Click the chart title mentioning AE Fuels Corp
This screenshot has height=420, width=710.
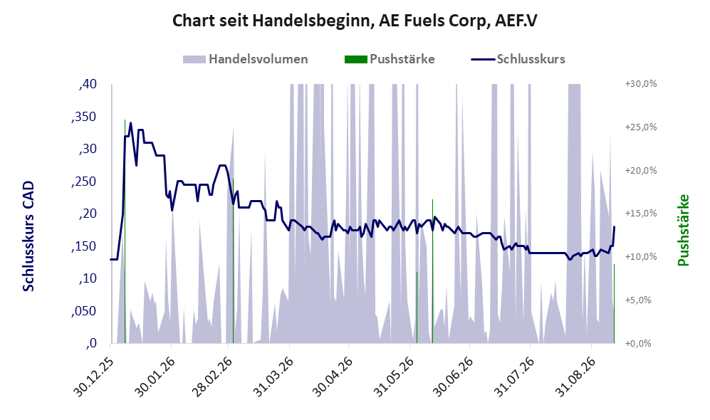click(355, 21)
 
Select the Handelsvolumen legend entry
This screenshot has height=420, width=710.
click(246, 59)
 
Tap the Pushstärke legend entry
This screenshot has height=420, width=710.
click(390, 59)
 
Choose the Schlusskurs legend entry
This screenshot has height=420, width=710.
click(518, 59)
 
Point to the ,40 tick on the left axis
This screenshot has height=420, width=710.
click(88, 84)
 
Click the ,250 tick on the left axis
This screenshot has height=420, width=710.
click(84, 182)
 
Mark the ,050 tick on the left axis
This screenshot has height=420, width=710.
click(84, 311)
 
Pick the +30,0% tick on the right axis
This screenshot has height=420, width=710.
click(641, 84)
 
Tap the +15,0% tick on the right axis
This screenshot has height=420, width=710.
click(641, 213)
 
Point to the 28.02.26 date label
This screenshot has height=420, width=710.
click(212, 377)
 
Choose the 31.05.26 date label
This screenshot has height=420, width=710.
click(393, 377)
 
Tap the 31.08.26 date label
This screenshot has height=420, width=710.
click(575, 377)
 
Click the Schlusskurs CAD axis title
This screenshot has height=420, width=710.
click(28, 236)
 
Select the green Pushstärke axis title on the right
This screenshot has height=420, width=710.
click(683, 230)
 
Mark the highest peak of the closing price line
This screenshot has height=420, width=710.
click(131, 122)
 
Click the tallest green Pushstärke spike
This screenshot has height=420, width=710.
click(125, 231)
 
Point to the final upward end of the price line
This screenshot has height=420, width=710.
click(615, 227)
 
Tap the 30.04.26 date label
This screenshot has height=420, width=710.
click(333, 377)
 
